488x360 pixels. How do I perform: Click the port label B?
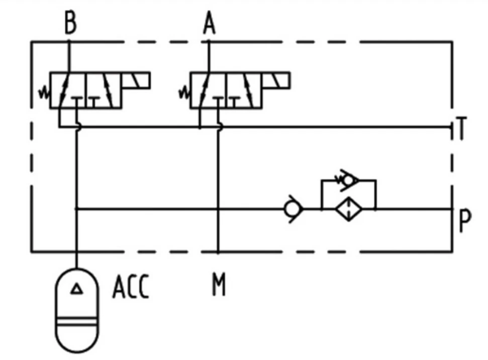[x=70, y=23]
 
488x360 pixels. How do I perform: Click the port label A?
[x=209, y=23]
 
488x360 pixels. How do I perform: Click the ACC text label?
[x=131, y=287]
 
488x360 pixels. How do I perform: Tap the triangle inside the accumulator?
[x=76, y=289]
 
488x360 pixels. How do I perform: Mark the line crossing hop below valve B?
[x=79, y=127]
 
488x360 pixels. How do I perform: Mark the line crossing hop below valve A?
[x=220, y=127]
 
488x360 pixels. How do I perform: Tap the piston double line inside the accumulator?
[x=77, y=321]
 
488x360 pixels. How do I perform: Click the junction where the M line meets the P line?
[x=218, y=209]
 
